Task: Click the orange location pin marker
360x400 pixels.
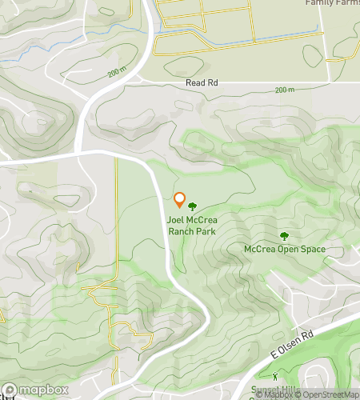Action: (x=180, y=200)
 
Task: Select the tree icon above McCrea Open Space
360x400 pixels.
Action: (x=284, y=236)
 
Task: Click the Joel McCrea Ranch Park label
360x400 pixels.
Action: (x=192, y=226)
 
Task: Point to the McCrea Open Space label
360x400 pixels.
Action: (x=285, y=250)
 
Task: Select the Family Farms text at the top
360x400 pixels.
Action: (x=332, y=2)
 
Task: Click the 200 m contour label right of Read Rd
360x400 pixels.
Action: (x=284, y=90)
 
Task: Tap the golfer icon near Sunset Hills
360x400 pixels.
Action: (x=274, y=376)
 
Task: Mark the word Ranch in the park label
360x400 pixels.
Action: (x=182, y=231)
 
